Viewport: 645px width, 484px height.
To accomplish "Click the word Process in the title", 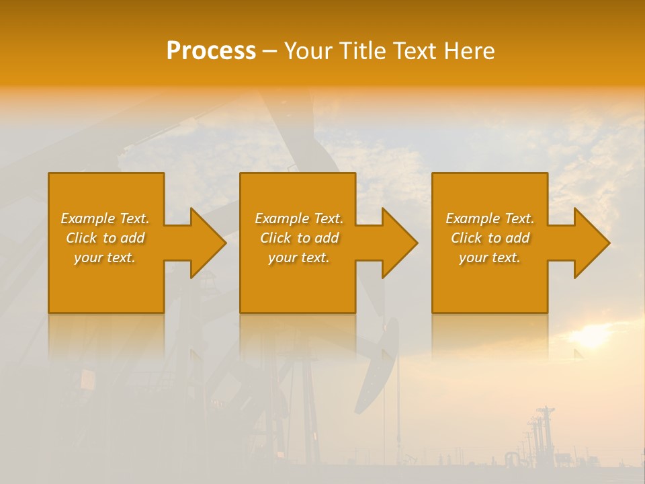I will pos(211,51).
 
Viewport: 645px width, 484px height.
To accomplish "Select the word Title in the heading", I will pos(362,51).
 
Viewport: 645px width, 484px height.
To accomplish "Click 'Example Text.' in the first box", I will pos(105,218).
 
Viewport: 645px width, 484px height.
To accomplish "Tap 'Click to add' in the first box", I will pos(105,238).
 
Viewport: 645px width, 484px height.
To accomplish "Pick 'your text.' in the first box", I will pos(105,257).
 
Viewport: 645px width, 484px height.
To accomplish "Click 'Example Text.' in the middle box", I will pos(299,218).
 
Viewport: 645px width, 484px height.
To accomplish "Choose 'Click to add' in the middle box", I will pos(299,238).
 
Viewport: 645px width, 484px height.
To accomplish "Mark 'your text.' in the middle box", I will pos(299,257).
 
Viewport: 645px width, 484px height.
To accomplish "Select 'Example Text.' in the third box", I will pos(490,218).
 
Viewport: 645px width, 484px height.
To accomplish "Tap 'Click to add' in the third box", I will pos(490,238).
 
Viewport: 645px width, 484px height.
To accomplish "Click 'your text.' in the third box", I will pos(490,257).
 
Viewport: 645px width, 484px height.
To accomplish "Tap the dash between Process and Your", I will pos(269,52).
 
